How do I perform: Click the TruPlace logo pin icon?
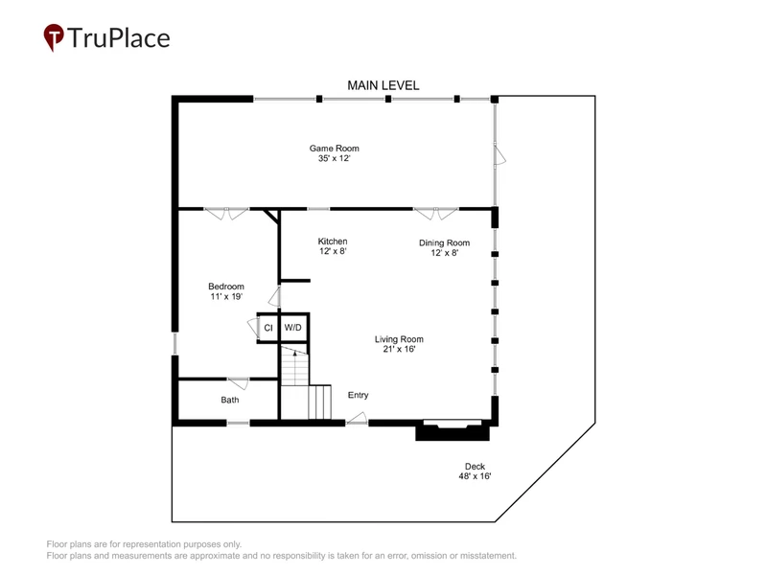(54, 36)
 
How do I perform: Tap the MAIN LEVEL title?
(383, 85)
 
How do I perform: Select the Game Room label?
(334, 149)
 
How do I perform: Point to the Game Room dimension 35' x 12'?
(334, 158)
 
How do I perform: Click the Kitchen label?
(333, 241)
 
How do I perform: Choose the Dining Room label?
(444, 243)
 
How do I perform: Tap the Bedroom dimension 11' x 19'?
(226, 296)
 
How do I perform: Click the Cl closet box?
(267, 328)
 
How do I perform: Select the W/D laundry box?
(293, 328)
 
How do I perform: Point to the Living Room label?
(399, 339)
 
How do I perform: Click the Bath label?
(230, 400)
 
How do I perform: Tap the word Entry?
(358, 395)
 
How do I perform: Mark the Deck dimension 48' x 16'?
(475, 476)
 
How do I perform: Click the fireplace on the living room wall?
(453, 430)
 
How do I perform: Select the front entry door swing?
(357, 419)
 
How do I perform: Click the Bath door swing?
(239, 383)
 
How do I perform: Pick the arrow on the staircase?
(294, 352)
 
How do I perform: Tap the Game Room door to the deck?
(500, 155)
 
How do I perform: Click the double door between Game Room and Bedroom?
(226, 214)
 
